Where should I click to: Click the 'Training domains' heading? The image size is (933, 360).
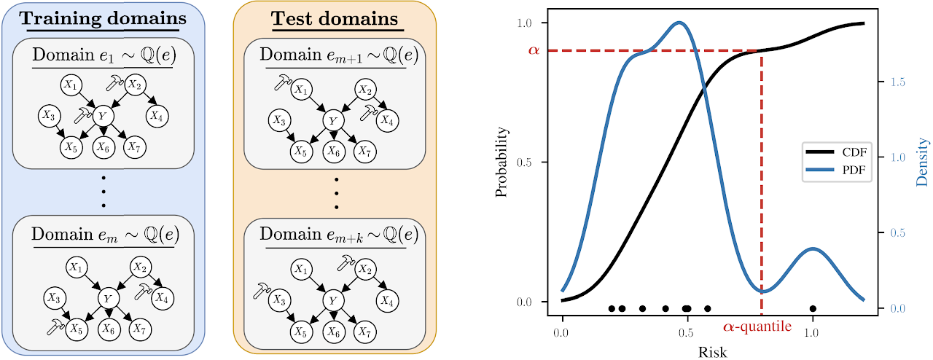(x=103, y=18)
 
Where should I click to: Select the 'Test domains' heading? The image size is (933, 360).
(x=335, y=18)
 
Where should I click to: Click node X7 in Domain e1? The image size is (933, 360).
(x=135, y=147)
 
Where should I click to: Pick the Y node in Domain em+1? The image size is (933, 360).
(x=333, y=120)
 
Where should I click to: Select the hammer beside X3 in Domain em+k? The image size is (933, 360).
(x=262, y=290)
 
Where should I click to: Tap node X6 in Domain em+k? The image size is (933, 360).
(x=333, y=332)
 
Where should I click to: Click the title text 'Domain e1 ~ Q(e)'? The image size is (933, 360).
(x=104, y=55)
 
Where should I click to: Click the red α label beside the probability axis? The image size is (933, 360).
(x=534, y=50)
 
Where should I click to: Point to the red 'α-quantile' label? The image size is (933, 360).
(x=757, y=326)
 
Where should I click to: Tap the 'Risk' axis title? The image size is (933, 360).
(x=713, y=352)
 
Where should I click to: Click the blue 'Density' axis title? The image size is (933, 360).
(x=922, y=162)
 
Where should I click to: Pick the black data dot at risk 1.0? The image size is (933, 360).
(x=813, y=309)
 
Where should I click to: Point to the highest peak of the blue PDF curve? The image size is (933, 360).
(x=679, y=23)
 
